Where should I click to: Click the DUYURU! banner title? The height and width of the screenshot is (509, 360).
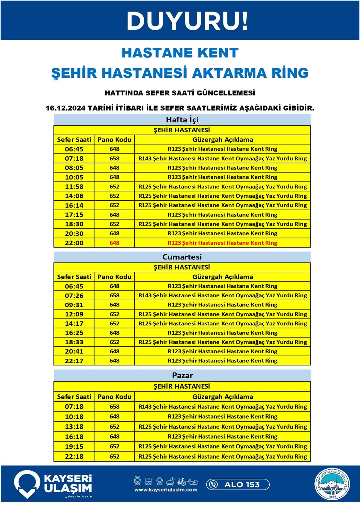pos(187,21)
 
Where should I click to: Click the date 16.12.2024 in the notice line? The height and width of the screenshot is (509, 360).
pos(65,108)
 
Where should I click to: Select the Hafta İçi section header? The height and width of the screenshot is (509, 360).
pos(182,120)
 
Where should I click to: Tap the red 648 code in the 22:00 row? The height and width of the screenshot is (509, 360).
pos(114,243)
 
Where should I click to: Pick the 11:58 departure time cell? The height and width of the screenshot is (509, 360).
pos(74,187)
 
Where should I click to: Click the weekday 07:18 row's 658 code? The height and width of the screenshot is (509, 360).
pos(114,158)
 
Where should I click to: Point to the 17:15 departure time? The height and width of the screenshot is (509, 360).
pos(74,215)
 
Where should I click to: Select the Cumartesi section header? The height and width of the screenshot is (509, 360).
pos(182,257)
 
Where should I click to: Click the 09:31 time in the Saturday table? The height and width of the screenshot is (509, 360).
pos(74,305)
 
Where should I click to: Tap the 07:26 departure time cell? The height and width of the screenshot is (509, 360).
pos(74,295)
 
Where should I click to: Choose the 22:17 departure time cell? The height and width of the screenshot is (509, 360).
pos(74,361)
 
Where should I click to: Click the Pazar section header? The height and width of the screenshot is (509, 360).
pos(182,375)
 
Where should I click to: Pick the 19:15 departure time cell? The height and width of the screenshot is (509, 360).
pos(74,447)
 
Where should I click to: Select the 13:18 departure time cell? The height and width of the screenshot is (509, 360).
pos(74,427)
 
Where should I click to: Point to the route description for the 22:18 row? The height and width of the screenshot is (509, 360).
pos(222,457)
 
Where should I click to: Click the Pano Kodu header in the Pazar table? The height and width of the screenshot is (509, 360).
pos(114,397)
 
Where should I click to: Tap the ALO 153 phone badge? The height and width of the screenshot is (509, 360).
pos(238,484)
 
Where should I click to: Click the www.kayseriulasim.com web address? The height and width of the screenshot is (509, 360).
pos(166,490)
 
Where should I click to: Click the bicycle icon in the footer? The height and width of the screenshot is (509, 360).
pos(181,482)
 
